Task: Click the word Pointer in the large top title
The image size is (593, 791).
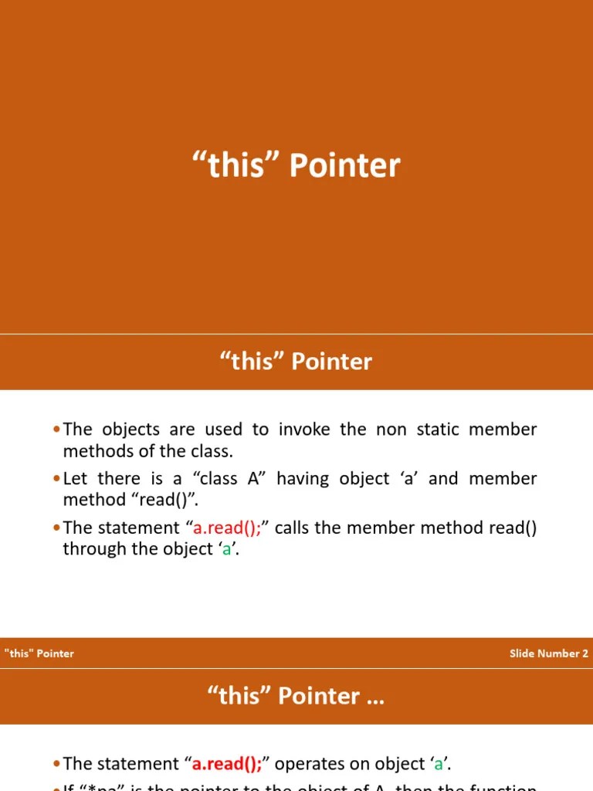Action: [344, 166]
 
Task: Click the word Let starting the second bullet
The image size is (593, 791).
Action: [75, 479]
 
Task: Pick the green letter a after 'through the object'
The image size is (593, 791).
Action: [227, 549]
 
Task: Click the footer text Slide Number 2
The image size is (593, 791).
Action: [548, 654]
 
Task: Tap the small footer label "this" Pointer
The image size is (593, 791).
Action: [39, 654]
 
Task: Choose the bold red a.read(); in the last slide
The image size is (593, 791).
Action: [228, 764]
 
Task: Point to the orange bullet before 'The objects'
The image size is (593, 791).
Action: [57, 429]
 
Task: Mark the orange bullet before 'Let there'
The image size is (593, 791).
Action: [57, 479]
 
